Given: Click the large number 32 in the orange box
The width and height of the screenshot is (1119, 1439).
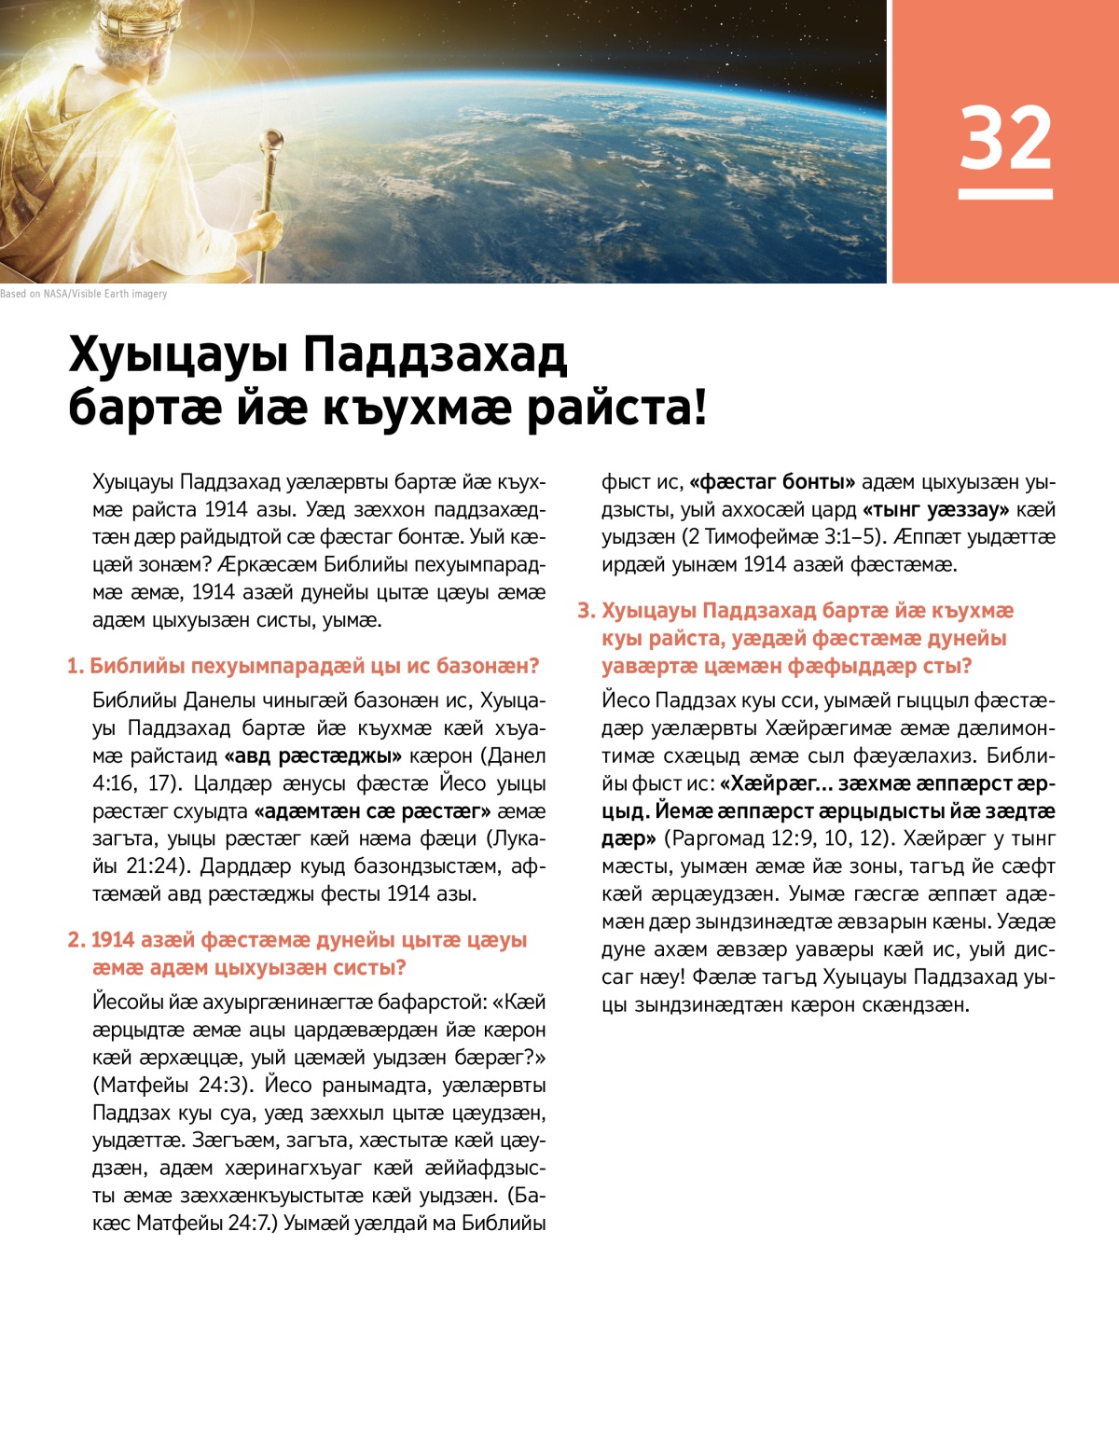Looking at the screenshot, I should [1005, 137].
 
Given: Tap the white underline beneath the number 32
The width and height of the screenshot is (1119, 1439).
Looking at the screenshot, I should [1005, 194].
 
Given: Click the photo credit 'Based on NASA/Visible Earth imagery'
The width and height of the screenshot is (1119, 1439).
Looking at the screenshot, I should [84, 294].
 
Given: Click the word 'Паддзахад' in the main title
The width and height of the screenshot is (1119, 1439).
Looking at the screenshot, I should [435, 354].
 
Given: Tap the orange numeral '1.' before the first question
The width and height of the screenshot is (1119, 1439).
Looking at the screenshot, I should [76, 666].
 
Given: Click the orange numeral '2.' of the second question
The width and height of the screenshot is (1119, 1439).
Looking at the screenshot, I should [76, 940].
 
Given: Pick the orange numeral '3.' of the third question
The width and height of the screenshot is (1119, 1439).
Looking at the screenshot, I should [586, 611].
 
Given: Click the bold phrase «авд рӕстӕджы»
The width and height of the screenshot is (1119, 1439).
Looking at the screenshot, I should [313, 755].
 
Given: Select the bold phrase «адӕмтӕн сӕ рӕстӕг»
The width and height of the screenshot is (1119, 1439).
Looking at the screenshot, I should [373, 811].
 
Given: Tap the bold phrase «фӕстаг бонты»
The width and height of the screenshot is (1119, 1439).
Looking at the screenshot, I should [772, 482].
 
